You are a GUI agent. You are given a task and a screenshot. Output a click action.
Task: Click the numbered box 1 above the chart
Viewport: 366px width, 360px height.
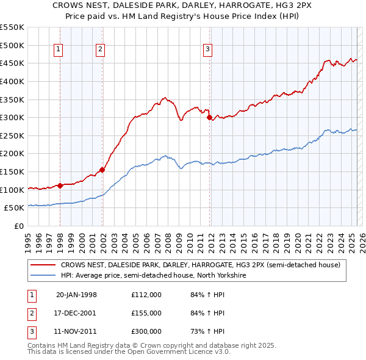tap(59, 50)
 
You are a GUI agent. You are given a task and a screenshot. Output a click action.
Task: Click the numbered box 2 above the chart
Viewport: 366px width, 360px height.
tap(100, 50)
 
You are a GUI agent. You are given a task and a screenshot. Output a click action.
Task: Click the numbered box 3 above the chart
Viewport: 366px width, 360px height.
tap(207, 50)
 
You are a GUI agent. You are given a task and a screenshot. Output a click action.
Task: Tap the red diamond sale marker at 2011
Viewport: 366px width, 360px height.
tap(209, 117)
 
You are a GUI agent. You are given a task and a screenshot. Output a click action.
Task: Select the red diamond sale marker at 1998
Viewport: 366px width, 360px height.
tap(60, 185)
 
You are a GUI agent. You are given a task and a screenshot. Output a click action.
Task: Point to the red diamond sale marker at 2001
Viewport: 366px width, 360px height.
tap(102, 170)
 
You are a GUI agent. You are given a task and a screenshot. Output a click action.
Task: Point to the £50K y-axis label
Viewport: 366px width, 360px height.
tap(15, 208)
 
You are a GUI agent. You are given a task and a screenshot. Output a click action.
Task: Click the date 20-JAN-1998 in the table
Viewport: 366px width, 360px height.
tap(76, 295)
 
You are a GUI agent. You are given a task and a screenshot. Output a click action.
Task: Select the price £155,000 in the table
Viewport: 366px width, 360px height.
tap(146, 313)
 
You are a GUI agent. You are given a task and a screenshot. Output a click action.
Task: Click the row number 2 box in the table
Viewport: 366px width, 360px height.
tap(30, 313)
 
